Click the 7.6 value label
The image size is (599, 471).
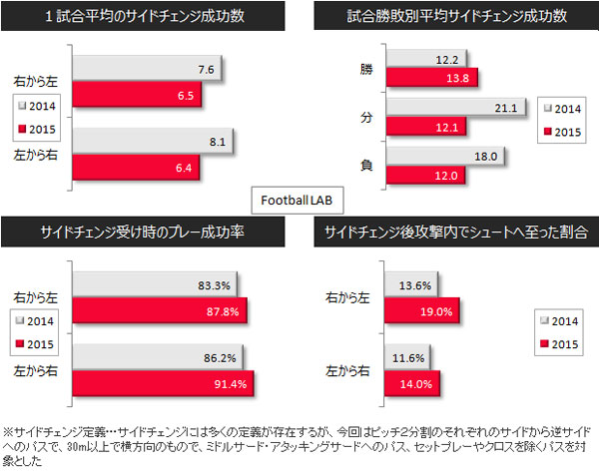click(x=207, y=70)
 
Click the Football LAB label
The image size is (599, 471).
click(x=299, y=199)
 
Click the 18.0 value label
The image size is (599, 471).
click(x=481, y=156)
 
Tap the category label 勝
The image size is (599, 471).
click(x=366, y=69)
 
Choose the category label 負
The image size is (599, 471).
click(x=366, y=166)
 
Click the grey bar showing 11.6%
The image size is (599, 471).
click(x=389, y=356)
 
